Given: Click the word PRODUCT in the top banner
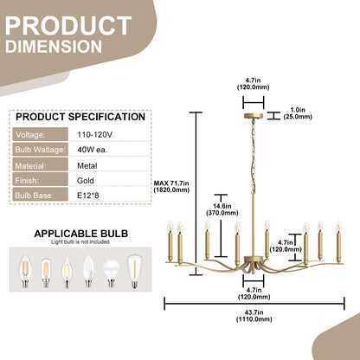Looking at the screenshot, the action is (68, 26).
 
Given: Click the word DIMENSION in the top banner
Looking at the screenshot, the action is (54, 47).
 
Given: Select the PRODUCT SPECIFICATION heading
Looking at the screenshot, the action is (80, 117).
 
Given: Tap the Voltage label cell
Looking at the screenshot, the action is (40, 135).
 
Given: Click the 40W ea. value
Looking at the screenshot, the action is (93, 150).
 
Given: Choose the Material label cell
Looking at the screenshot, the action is (40, 165).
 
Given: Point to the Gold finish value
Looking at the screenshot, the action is (86, 181).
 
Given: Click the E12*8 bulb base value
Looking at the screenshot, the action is (88, 196).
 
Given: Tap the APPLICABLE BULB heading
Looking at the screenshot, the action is (81, 234).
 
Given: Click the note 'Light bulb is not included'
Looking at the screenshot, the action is (80, 242).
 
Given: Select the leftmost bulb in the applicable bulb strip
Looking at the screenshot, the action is (25, 272).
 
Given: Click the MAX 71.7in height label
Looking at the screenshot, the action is (171, 186).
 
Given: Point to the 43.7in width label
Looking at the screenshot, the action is (254, 316).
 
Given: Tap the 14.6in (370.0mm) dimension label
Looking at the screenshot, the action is (222, 209).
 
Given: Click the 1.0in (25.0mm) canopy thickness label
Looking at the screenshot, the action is (298, 113).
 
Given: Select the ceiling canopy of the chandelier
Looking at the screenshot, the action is (254, 116).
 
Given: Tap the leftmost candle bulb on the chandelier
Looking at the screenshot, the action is (170, 227).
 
